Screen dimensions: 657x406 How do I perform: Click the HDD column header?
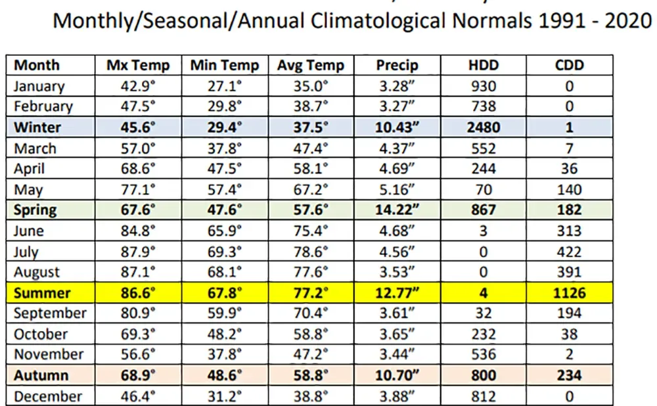coord(484,65)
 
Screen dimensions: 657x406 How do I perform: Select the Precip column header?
coord(397,65)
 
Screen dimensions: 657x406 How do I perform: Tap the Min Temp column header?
coord(225,65)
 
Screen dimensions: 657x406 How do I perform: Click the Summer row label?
coord(42,292)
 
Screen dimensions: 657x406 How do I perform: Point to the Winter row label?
coord(37,127)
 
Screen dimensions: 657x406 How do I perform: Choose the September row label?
coord(50,313)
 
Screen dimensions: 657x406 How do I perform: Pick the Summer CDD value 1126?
coord(569,292)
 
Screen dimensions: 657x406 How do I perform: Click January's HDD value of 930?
coord(484,86)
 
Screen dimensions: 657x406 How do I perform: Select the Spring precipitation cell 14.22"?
coord(397,210)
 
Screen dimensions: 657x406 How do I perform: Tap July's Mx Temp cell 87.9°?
coord(138,252)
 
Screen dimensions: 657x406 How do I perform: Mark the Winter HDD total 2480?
coord(484,127)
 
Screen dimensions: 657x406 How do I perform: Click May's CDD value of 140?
coord(569,189)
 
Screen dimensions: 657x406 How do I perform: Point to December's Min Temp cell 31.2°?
coord(225,396)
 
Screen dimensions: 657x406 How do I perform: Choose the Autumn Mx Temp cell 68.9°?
coord(138,375)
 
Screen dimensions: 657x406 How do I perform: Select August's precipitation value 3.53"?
coord(397,272)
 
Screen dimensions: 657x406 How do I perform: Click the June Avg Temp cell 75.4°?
coord(311,231)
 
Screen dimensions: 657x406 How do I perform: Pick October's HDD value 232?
coord(484,334)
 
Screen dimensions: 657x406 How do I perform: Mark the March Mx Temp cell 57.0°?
coord(138,148)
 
